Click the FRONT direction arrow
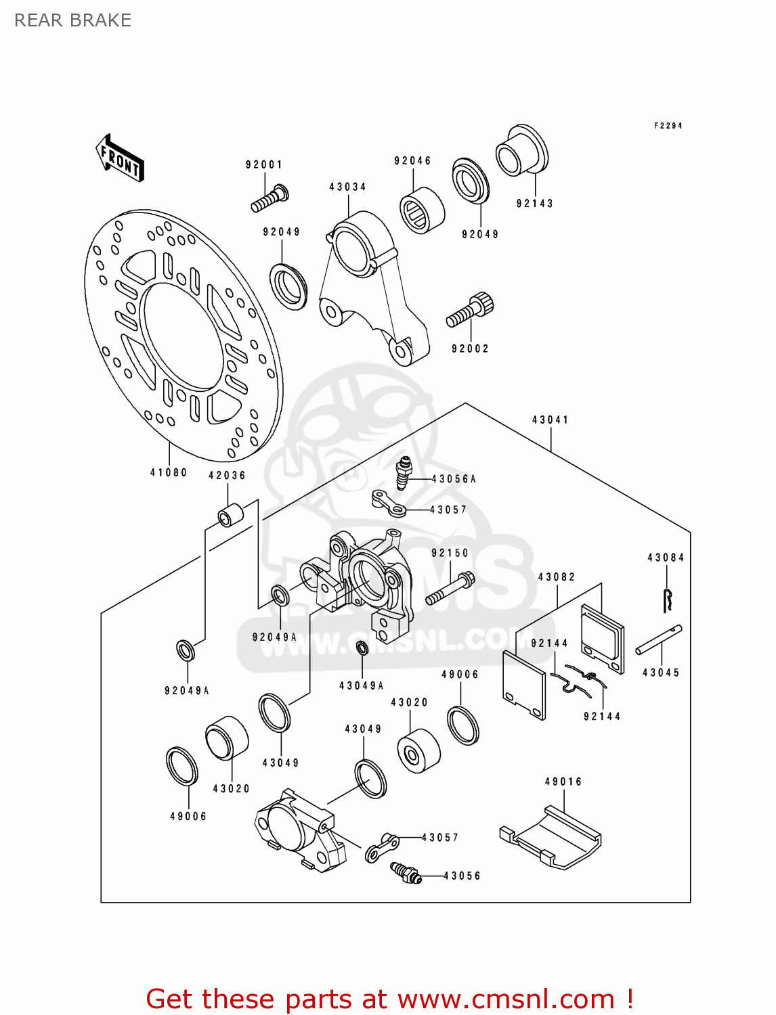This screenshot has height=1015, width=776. pos(121,158)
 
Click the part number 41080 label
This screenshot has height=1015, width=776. pos(168,472)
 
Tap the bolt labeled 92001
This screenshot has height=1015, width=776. pos(270,198)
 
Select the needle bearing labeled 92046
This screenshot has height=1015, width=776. pos(421,210)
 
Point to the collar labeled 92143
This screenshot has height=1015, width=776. pos(521,150)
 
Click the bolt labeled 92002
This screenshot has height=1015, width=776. pos(470,311)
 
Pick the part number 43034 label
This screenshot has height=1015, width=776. pos(347,187)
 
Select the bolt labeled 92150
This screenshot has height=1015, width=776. pos(450,589)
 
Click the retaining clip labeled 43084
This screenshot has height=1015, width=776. pos(668,600)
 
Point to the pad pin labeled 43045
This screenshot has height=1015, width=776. pos(658,639)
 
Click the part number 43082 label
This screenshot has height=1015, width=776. pos(556,577)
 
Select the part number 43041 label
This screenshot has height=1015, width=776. pos(550,420)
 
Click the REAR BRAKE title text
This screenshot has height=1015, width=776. pos(72,20)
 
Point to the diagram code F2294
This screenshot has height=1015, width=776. pos(668,126)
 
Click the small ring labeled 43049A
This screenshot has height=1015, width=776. pos(362,648)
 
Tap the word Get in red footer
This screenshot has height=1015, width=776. pos(171,999)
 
